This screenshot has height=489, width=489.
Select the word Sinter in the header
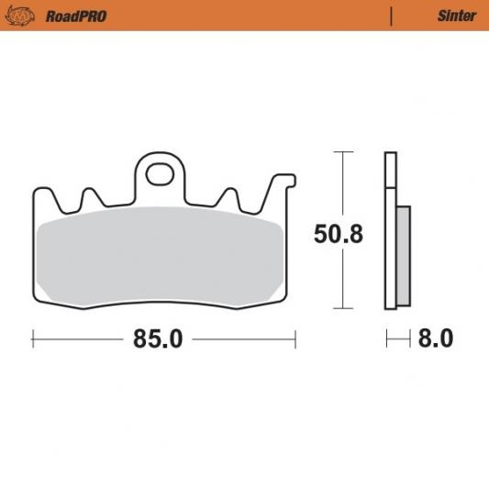(456, 16)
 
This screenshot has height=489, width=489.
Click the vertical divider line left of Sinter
(392, 16)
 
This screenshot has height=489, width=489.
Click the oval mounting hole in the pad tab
(161, 172)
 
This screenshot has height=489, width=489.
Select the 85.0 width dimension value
(158, 339)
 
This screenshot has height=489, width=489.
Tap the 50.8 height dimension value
(339, 234)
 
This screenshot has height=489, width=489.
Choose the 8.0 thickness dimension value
(436, 339)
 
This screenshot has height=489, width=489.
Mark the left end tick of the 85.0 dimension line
(33, 339)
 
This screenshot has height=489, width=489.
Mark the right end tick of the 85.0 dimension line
(295, 339)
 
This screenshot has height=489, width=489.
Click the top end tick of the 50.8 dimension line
(342, 151)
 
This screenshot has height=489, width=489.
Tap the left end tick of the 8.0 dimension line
(386, 339)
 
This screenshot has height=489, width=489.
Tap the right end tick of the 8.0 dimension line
(410, 339)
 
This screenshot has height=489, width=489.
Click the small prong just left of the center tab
(91, 197)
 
